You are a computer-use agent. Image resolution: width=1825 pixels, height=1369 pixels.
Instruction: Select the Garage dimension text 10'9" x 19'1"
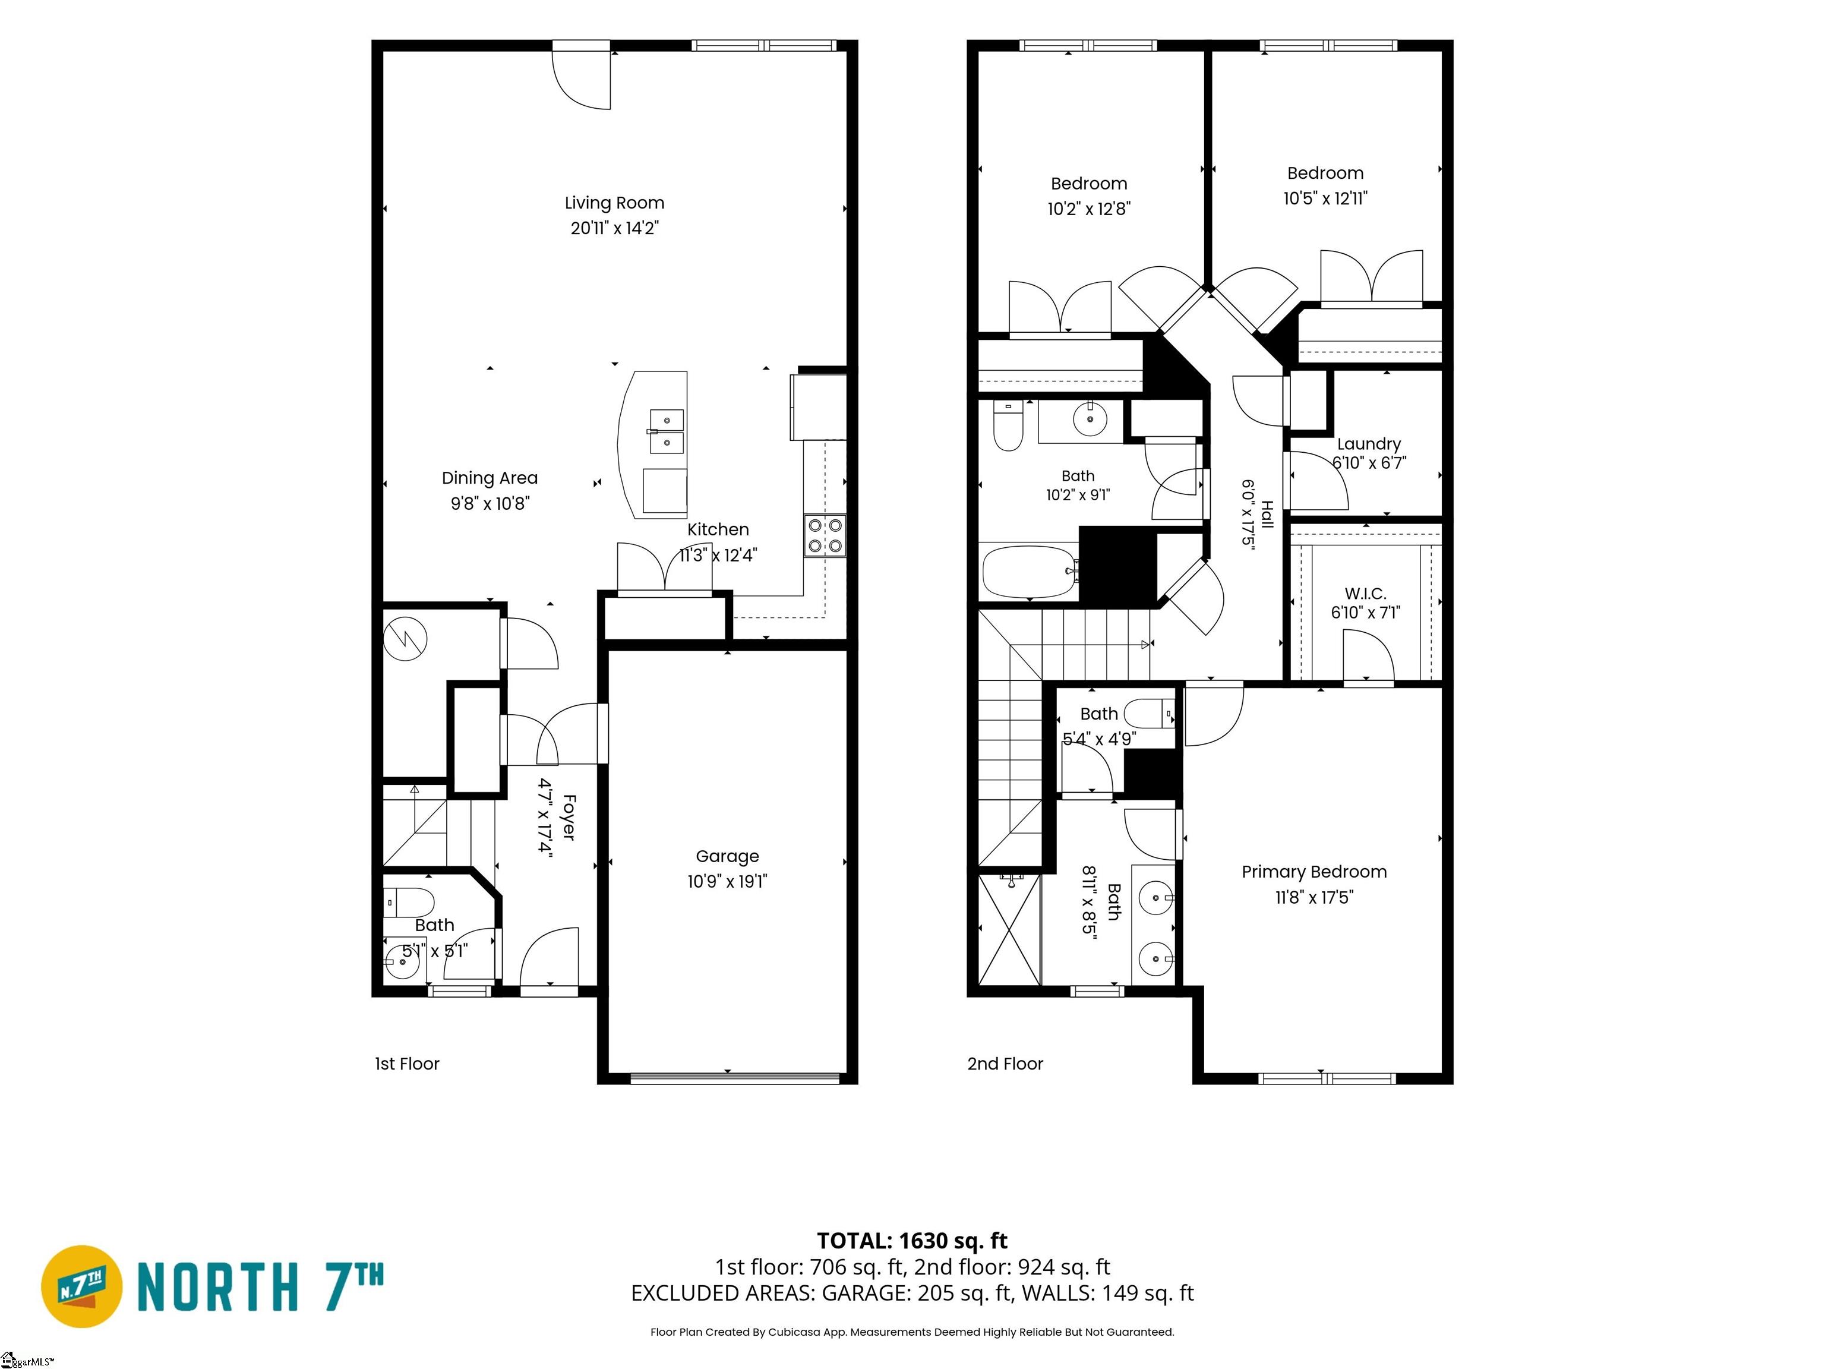(x=727, y=881)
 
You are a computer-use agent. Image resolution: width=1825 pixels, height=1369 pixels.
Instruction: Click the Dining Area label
(x=490, y=478)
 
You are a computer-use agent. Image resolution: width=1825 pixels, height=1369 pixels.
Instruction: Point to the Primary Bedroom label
(x=1314, y=872)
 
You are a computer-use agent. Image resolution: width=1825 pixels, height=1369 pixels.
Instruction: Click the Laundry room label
(x=1369, y=444)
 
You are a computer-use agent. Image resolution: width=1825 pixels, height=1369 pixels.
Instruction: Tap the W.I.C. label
(x=1365, y=594)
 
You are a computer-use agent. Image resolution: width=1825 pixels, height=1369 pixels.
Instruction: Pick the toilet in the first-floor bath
(x=409, y=902)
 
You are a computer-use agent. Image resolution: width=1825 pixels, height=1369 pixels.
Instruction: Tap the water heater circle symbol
(x=405, y=638)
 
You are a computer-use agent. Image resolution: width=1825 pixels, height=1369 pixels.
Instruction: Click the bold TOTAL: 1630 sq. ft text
(x=912, y=1240)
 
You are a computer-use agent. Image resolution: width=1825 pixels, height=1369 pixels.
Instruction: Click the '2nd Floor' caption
(x=1005, y=1064)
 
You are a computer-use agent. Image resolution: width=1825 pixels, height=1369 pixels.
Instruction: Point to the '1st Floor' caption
(x=407, y=1064)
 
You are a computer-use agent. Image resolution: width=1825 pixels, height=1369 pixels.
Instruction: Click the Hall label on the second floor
(x=1267, y=514)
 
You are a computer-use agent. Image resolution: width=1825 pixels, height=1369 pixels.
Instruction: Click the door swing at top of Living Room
(x=581, y=80)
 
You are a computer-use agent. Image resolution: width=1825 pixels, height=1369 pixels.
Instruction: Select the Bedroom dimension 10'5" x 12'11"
(x=1325, y=198)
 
